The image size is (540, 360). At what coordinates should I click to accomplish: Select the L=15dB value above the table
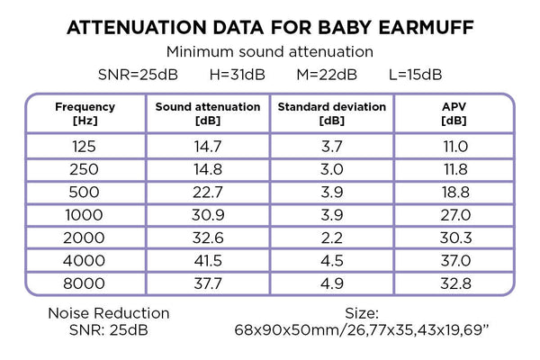(x=414, y=74)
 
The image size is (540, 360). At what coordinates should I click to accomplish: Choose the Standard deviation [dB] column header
(x=331, y=112)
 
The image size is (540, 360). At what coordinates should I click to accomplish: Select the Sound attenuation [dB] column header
(x=208, y=112)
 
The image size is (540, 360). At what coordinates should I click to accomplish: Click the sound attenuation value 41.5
(x=208, y=262)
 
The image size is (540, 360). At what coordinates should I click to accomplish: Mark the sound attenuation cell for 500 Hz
(x=208, y=192)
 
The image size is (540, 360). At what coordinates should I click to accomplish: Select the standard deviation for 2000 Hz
(x=331, y=238)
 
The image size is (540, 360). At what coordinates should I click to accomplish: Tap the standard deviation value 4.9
(x=331, y=285)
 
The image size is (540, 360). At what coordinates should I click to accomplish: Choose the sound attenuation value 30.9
(x=208, y=215)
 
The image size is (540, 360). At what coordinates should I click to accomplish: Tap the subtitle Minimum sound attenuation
(x=270, y=52)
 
